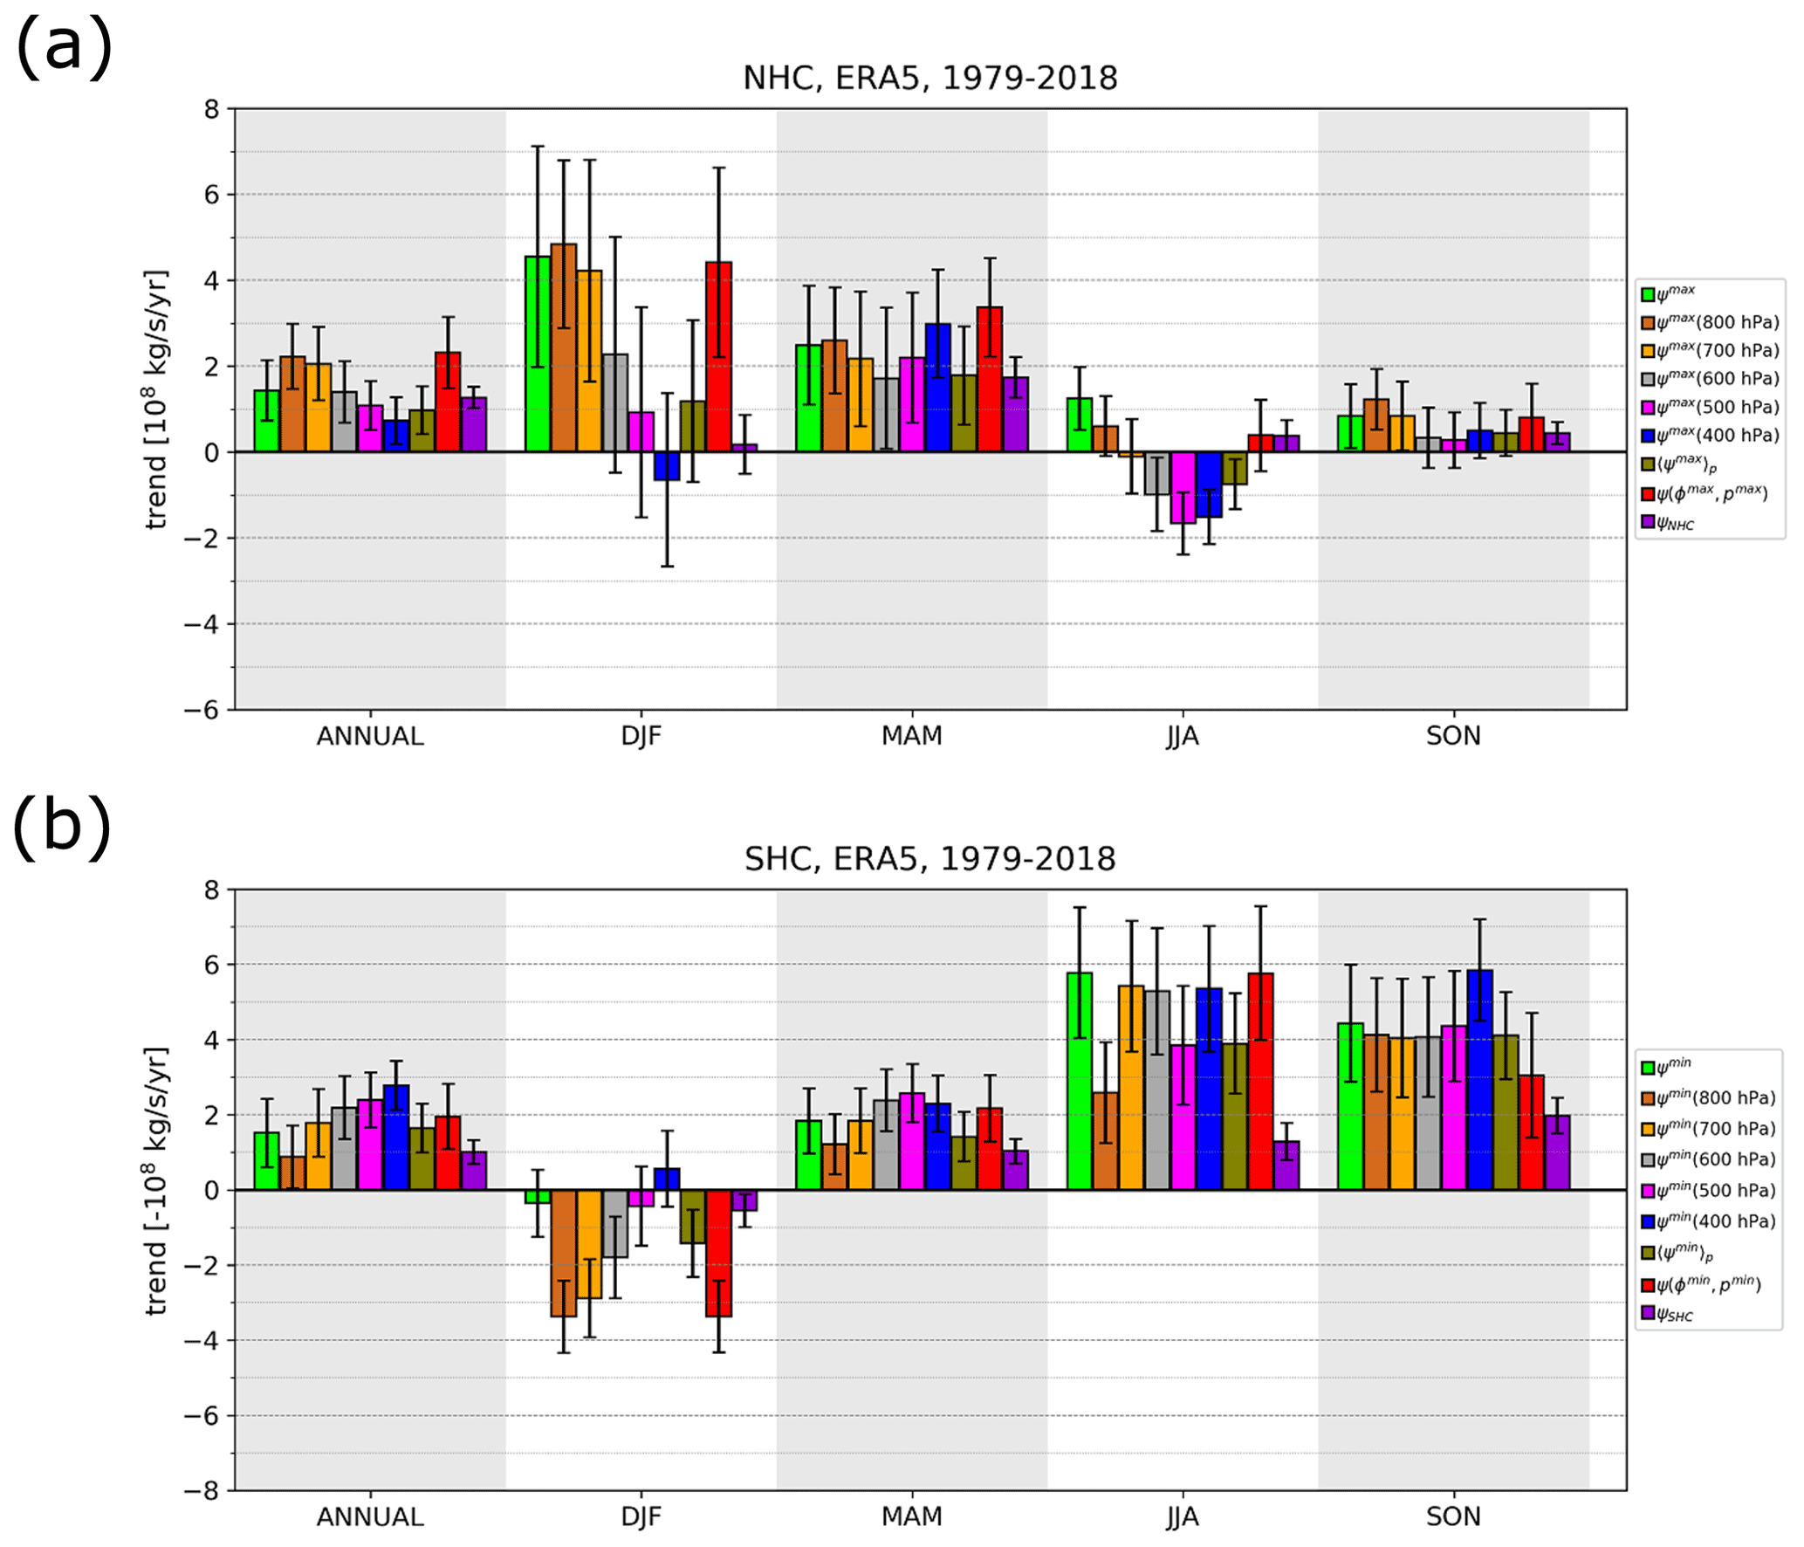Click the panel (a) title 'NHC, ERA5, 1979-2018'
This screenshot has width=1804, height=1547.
click(x=929, y=79)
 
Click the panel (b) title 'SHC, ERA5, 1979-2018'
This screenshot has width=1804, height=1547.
click(x=929, y=859)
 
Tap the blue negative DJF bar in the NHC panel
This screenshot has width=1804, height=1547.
click(x=667, y=466)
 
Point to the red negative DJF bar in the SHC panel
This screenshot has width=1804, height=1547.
click(x=718, y=1253)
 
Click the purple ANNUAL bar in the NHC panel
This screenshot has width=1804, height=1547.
click(x=474, y=425)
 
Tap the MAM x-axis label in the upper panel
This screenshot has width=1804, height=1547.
click(x=911, y=736)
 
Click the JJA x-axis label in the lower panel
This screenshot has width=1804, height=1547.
click(x=1183, y=1517)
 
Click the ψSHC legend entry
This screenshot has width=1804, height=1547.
click(x=1674, y=1314)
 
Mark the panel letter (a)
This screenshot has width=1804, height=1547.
click(x=64, y=48)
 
